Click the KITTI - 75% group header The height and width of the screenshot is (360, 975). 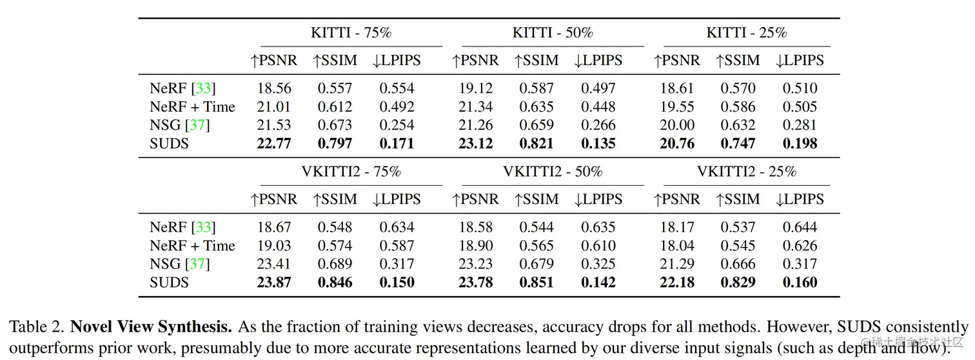point(351,32)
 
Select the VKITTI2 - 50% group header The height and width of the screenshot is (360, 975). point(553,172)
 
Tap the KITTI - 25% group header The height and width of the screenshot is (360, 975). point(747,32)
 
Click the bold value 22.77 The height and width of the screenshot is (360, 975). point(274,143)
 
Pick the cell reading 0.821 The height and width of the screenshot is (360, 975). point(537,143)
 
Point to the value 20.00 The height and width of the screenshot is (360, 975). point(676,125)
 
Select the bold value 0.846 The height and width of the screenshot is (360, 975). point(335,283)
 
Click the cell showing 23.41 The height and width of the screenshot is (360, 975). point(274,264)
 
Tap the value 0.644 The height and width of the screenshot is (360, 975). point(800,227)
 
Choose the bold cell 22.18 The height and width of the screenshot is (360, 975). point(677,283)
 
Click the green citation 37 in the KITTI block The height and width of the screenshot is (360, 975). point(198,125)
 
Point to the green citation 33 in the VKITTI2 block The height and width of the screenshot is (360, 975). point(203,227)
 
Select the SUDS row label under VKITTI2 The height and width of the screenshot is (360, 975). point(169,283)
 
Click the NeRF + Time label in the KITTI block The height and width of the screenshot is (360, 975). point(192,107)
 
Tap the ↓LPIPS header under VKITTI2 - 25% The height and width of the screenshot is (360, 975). point(800,199)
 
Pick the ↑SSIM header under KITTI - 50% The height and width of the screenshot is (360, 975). point(537,61)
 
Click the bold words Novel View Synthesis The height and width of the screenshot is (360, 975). point(151,328)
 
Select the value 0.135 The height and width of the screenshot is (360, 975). point(598,143)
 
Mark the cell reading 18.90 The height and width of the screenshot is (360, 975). point(476,246)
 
